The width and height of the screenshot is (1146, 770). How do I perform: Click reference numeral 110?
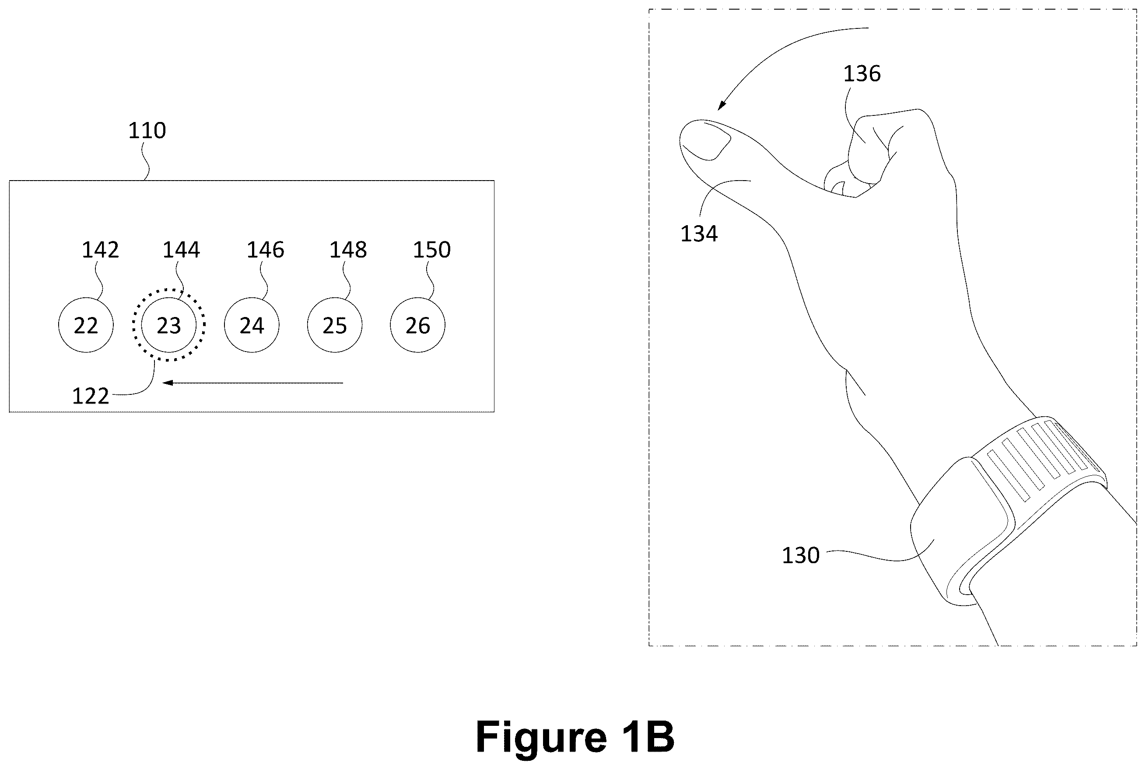[147, 131]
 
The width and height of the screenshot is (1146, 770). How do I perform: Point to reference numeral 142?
[100, 250]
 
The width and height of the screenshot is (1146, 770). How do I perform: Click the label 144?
[181, 250]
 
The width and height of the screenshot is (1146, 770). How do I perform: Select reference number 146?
[265, 250]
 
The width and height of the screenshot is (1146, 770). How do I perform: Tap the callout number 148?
[348, 250]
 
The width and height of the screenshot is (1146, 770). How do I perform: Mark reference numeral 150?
[431, 250]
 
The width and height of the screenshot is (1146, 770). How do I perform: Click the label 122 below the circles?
[91, 396]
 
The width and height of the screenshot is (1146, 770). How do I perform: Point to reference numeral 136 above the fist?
[862, 73]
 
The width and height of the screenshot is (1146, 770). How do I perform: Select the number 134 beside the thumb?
[699, 234]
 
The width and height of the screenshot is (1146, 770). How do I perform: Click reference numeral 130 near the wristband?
[800, 555]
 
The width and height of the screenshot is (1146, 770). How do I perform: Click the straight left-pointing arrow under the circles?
[252, 383]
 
